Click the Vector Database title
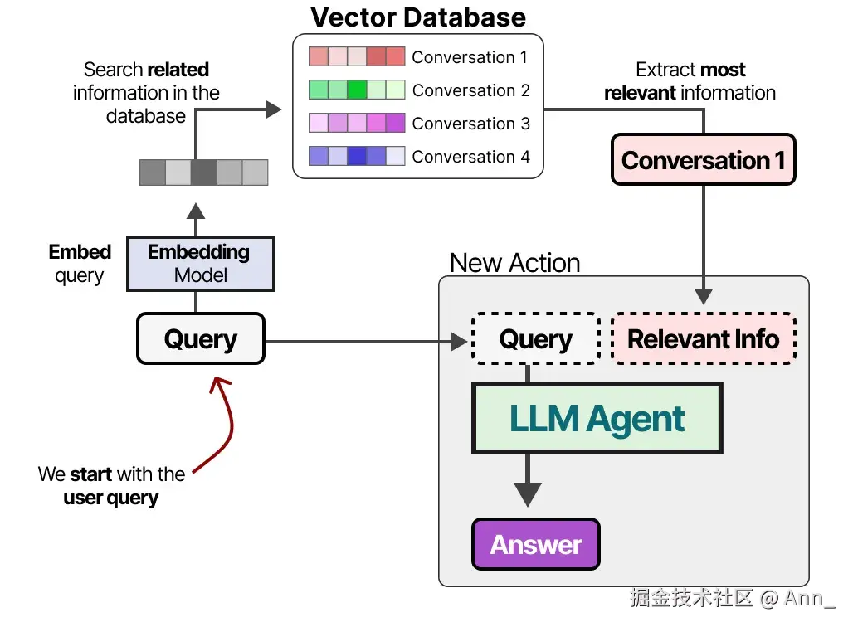pos(418,17)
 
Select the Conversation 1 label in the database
pos(469,57)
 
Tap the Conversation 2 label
pos(470,90)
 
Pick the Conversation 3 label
pos(470,124)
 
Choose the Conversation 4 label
pos(470,157)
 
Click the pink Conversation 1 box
pos(703,160)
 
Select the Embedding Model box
pos(199,264)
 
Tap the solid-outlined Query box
pos(200,338)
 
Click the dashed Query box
pos(535,338)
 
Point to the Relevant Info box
pos(703,338)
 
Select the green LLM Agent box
pos(597,418)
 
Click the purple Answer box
pos(536,544)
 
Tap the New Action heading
pos(514,263)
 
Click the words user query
pos(111,498)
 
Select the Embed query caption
pos(80,263)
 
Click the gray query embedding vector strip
pos(203,173)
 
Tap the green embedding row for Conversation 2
pos(356,90)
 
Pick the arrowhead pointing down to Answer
pos(527,494)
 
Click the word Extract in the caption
pos(662,70)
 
